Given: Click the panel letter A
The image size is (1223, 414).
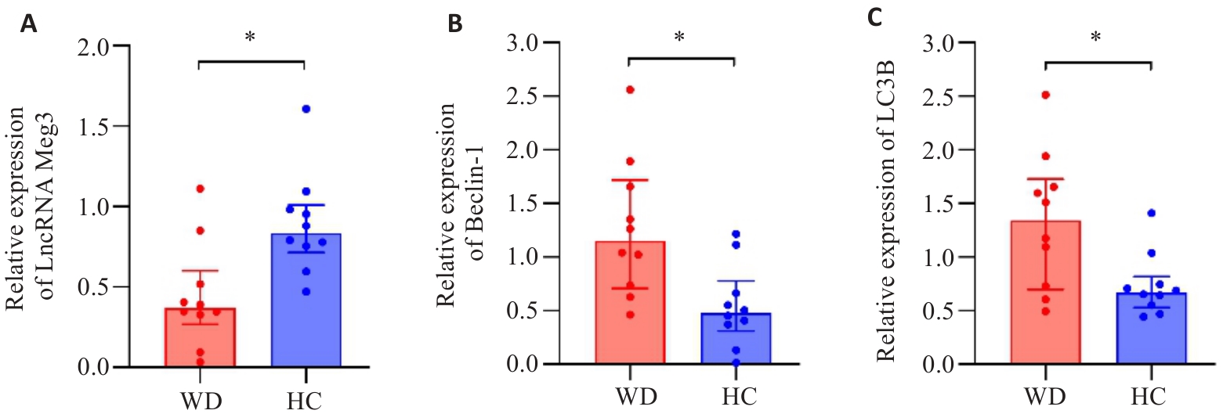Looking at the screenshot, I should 28,23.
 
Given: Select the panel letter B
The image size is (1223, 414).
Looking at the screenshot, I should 454,23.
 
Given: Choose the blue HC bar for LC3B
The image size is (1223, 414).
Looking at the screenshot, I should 1150,328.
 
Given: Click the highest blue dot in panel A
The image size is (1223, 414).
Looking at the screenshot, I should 306,109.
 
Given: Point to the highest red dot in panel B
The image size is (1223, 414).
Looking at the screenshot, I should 630,89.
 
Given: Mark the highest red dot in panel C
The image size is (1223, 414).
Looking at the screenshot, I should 1045,95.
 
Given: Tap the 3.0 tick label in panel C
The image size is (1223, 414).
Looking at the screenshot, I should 941,43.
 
